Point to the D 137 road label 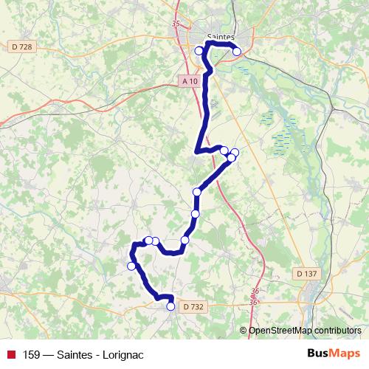(309, 273)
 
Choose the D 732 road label (193, 306)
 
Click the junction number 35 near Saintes (175, 24)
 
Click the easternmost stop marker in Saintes (236, 51)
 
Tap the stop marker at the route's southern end (171, 306)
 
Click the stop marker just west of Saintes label (199, 50)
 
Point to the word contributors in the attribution (339, 331)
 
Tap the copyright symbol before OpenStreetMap (244, 331)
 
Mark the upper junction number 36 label (254, 291)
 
